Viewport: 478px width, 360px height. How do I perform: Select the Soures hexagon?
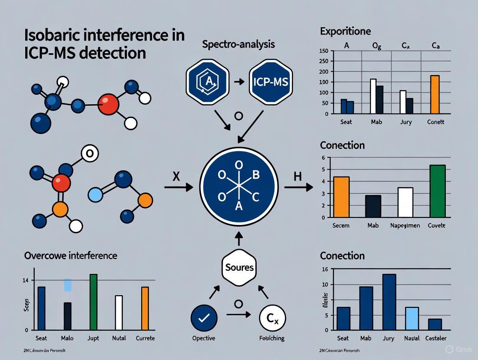(239, 267)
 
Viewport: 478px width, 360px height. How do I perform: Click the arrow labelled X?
(178, 187)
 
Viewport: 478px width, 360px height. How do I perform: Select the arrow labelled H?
(298, 187)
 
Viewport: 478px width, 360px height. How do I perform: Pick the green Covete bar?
(437, 191)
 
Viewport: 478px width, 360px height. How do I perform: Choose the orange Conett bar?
(435, 94)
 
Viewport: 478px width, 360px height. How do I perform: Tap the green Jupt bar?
(93, 302)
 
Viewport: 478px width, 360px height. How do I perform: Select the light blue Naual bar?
(412, 318)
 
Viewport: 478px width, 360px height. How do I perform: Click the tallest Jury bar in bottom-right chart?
(389, 302)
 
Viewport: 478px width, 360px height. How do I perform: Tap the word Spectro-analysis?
(238, 44)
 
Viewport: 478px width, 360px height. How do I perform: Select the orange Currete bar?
(145, 309)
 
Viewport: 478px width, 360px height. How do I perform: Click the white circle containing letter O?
(90, 153)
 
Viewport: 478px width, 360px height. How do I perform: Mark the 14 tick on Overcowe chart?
(26, 280)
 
